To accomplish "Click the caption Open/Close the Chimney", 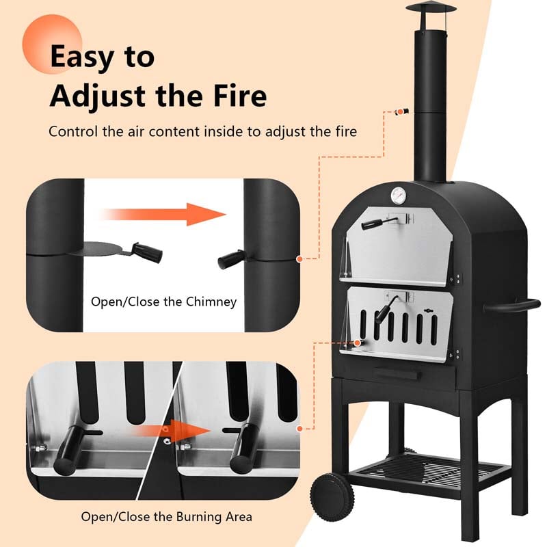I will pyautogui.click(x=164, y=302).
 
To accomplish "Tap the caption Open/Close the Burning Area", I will pyautogui.click(x=166, y=517).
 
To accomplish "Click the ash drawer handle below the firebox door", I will pyautogui.click(x=397, y=373).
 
